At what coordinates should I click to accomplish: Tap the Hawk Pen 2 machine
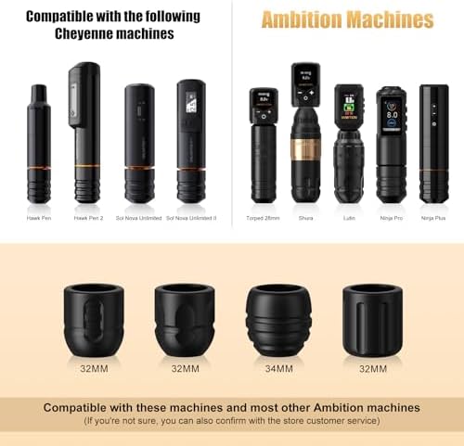pyautogui.click(x=86, y=133)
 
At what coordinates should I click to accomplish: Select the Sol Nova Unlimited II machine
pyautogui.click(x=190, y=141)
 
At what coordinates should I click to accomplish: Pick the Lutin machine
pyautogui.click(x=349, y=144)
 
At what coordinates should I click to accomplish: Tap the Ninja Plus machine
pyautogui.click(x=433, y=144)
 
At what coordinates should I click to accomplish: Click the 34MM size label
pyautogui.click(x=277, y=368)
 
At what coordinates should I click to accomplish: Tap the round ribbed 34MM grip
pyautogui.click(x=277, y=320)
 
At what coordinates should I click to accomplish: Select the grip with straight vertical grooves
pyautogui.click(x=371, y=320)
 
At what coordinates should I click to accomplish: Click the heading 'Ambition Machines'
pyautogui.click(x=348, y=20)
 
